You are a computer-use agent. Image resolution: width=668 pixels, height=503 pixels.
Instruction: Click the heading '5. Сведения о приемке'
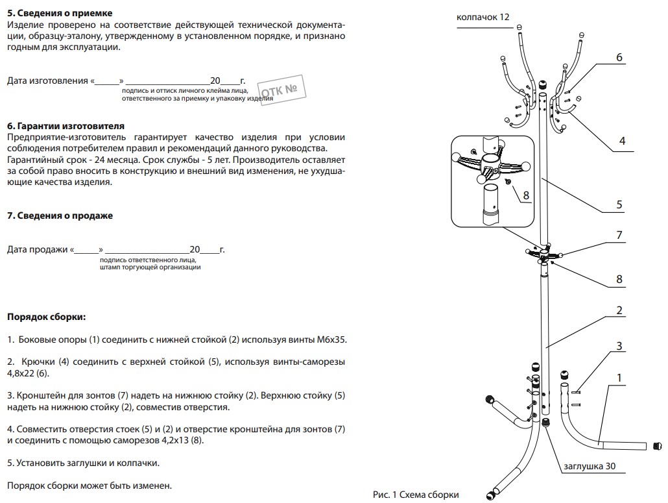pyautogui.click(x=59, y=13)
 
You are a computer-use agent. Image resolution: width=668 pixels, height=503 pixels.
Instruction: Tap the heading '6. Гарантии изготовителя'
pyautogui.click(x=66, y=126)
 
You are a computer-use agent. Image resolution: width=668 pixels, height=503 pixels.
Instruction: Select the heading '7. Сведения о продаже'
pyautogui.click(x=60, y=216)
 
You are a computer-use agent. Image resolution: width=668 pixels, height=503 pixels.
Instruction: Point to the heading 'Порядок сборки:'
pyautogui.click(x=46, y=317)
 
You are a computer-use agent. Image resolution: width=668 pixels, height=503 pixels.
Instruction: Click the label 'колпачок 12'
pyautogui.click(x=483, y=18)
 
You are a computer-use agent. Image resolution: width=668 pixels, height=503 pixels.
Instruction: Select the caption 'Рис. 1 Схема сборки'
pyautogui.click(x=416, y=495)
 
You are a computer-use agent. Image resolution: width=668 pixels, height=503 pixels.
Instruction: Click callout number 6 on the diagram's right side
pyautogui.click(x=619, y=58)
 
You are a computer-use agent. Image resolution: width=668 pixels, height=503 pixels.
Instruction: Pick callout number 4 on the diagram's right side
pyautogui.click(x=622, y=141)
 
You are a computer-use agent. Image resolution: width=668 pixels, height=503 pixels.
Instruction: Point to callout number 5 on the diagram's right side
pyautogui.click(x=619, y=205)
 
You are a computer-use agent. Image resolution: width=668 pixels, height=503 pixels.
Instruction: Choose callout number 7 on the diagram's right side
pyautogui.click(x=619, y=234)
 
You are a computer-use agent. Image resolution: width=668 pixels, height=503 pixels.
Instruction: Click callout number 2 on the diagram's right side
pyautogui.click(x=619, y=311)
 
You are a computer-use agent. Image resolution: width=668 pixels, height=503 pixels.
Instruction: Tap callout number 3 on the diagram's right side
pyautogui.click(x=619, y=346)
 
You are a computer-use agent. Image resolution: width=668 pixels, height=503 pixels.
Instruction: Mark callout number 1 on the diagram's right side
pyautogui.click(x=619, y=377)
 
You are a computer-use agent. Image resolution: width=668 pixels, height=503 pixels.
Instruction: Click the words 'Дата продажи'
pyautogui.click(x=38, y=249)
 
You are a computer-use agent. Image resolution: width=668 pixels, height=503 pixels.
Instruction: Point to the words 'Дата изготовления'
pyautogui.click(x=47, y=81)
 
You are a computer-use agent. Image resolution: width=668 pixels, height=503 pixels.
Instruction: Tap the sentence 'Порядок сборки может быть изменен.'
pyautogui.click(x=89, y=485)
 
